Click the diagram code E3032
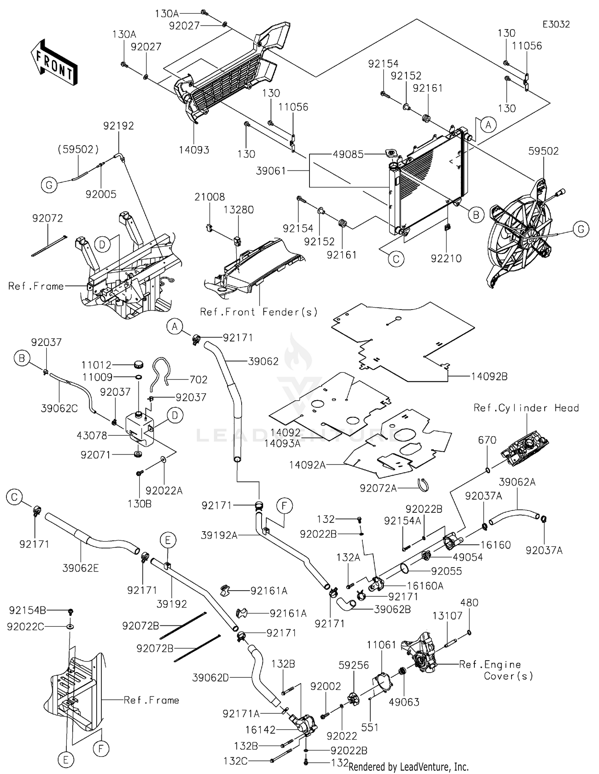[x=556, y=24]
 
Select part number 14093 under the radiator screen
[x=194, y=150]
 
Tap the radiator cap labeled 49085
[x=390, y=154]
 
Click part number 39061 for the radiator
[x=271, y=171]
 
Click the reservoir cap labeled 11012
[x=138, y=364]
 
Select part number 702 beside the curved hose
[x=198, y=379]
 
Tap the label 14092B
[x=489, y=376]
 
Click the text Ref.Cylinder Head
[x=526, y=408]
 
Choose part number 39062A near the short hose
[x=517, y=482]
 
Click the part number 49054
[x=468, y=557]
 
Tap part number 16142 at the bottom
[x=260, y=730]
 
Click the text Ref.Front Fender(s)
[x=259, y=312]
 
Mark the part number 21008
[x=210, y=197]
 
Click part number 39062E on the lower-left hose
[x=80, y=568]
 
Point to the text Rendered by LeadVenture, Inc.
[x=408, y=767]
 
